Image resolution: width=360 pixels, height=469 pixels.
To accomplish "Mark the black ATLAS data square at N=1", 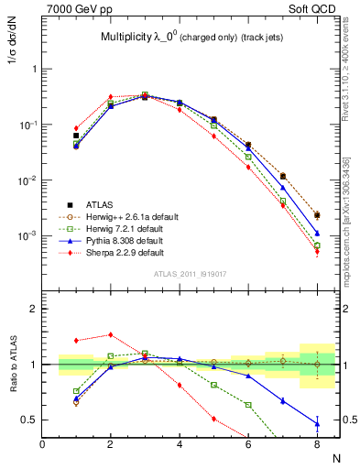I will [76, 136].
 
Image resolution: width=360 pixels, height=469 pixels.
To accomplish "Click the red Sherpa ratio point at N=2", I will [111, 334].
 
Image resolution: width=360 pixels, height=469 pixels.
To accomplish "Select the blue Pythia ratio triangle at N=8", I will [316, 423].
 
